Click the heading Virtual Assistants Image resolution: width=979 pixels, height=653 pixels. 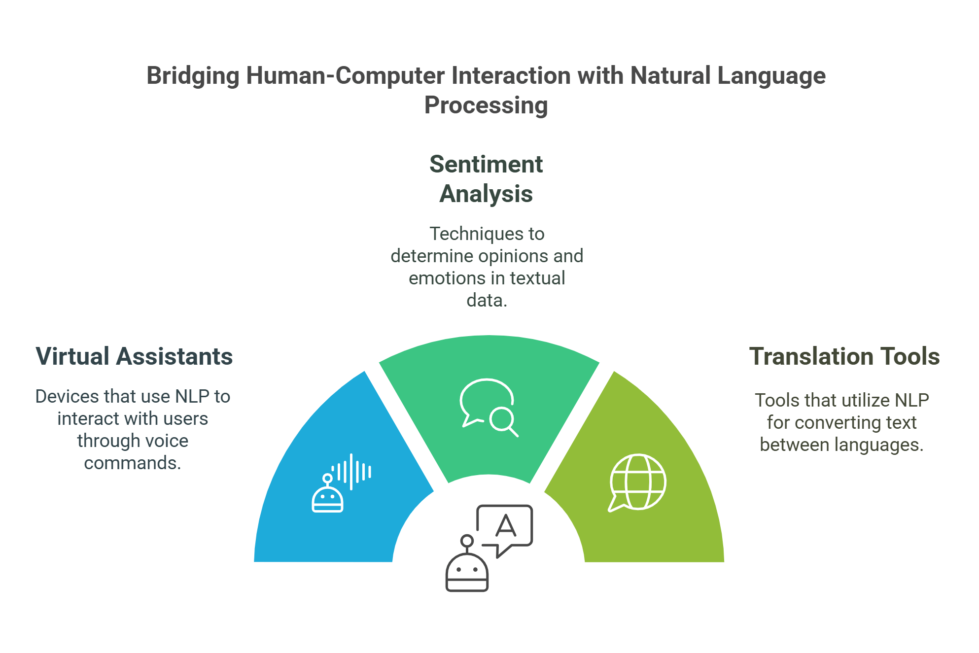coord(134,356)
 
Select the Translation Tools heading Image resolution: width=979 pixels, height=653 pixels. coord(844,356)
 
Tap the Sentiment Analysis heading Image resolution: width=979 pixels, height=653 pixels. coord(486,178)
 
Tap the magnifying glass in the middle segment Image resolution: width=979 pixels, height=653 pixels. coord(503,420)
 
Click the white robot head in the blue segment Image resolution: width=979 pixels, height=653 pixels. coord(327,499)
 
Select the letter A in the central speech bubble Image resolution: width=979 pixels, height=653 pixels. coord(506,526)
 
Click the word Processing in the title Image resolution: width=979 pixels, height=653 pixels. coord(486,105)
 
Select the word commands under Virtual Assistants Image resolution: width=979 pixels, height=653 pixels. coord(132,463)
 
